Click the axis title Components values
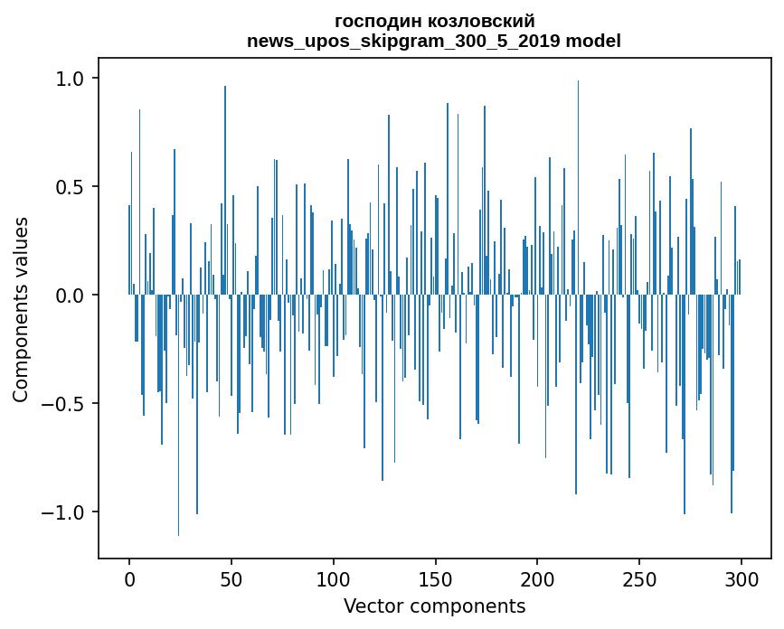point(21,309)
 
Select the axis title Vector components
point(434,606)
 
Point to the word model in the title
point(595,41)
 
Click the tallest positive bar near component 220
point(578,181)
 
